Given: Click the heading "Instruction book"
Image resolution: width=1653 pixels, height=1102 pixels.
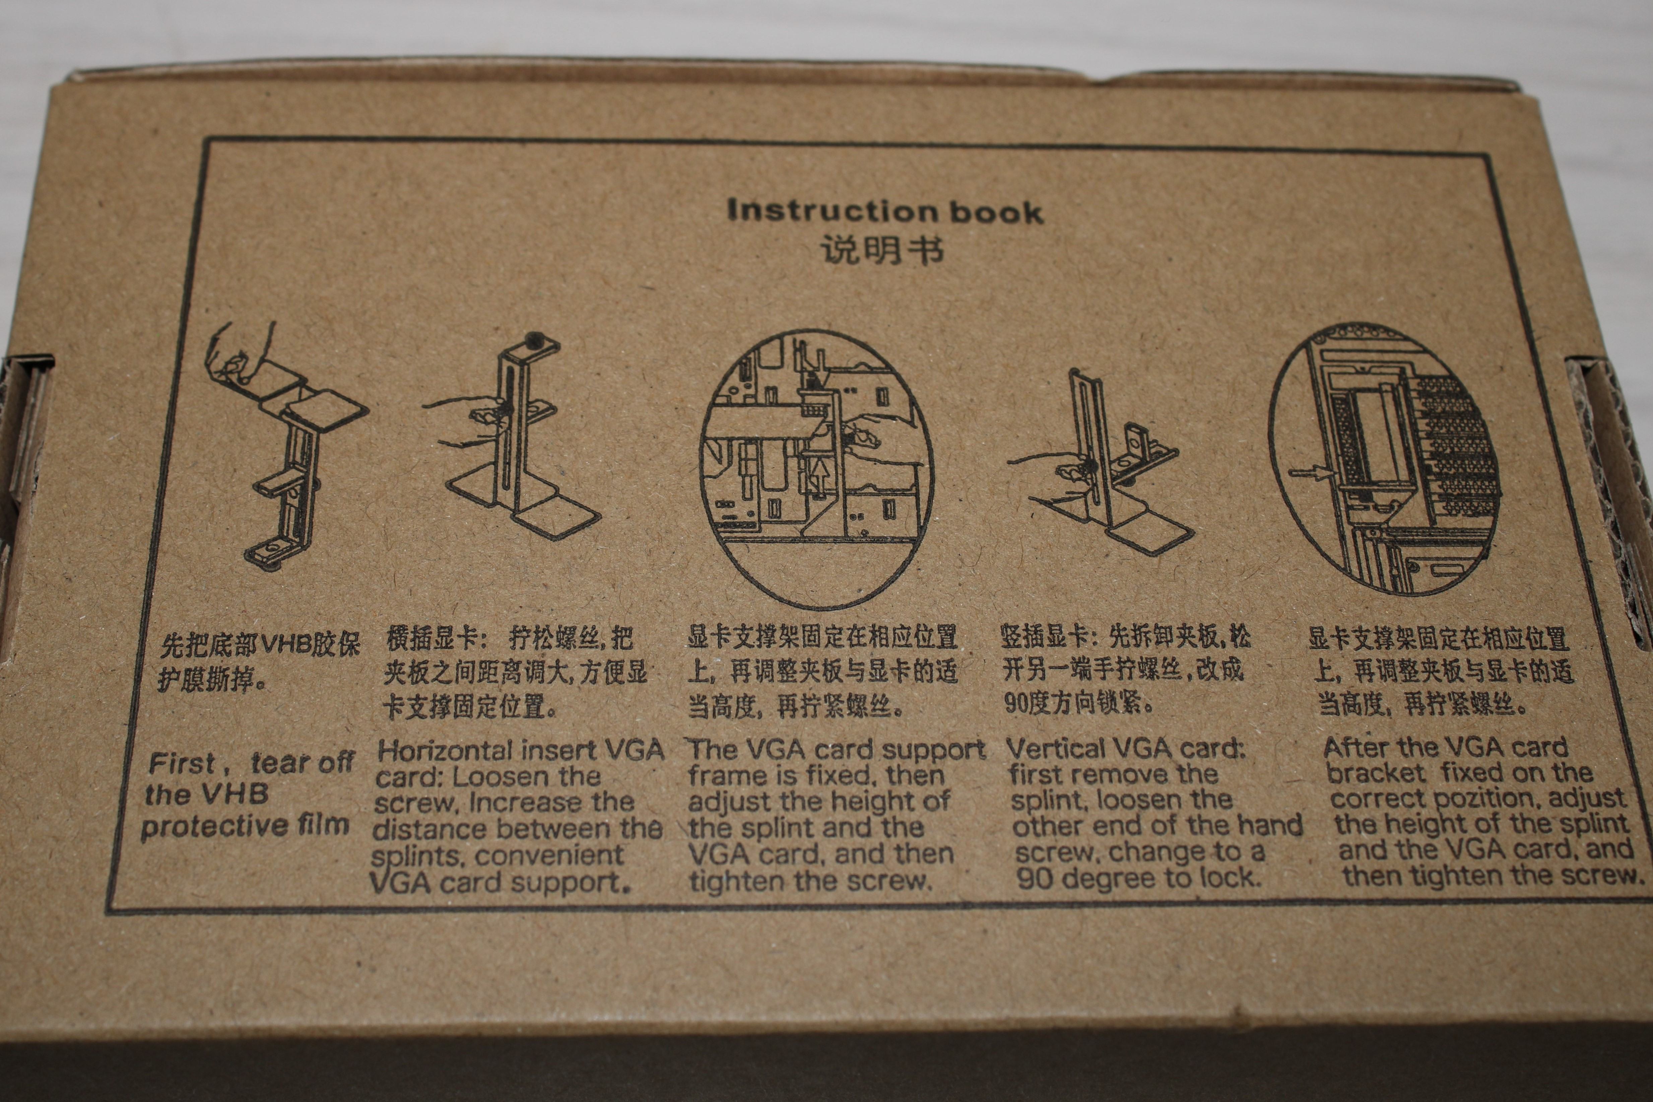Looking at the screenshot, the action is [885, 211].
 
